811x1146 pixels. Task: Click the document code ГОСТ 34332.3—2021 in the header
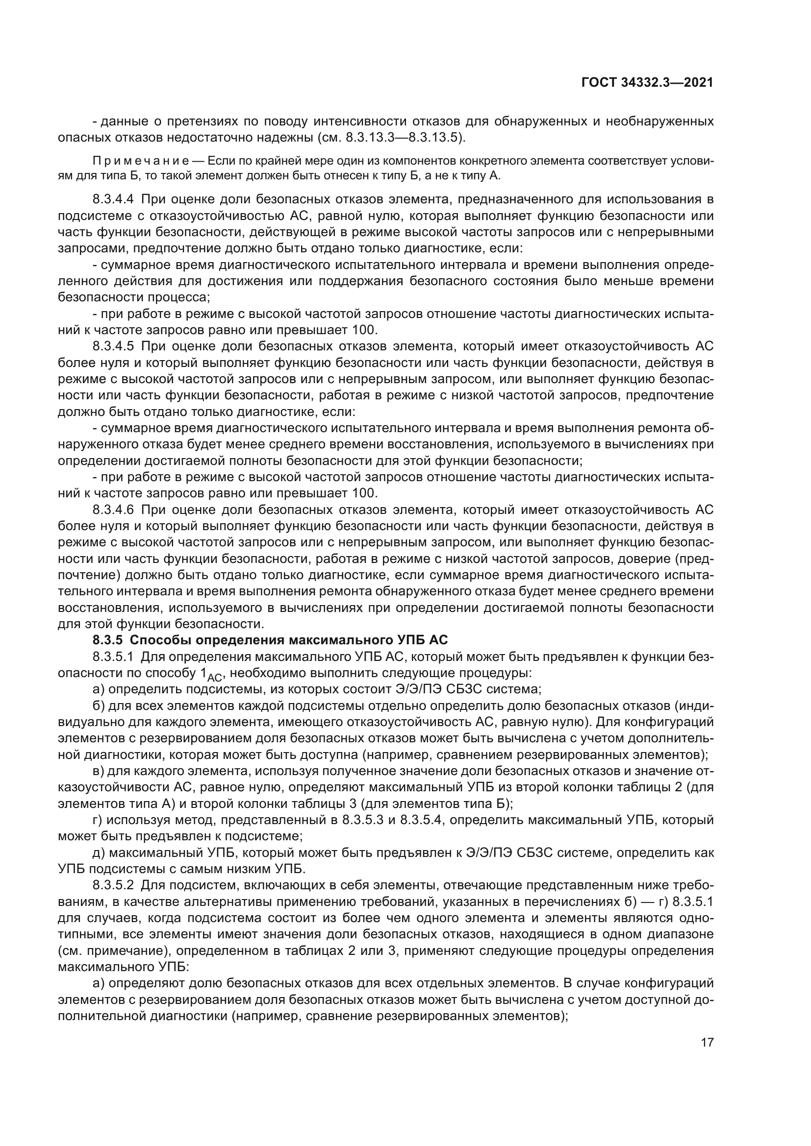(647, 83)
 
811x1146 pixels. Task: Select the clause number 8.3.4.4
(113, 199)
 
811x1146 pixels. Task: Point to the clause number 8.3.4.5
(113, 346)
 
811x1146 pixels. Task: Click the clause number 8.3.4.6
(113, 510)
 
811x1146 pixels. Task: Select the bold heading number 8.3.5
(107, 640)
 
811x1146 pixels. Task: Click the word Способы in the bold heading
(158, 640)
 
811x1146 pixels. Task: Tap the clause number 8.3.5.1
(113, 657)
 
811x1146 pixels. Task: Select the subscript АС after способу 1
(214, 677)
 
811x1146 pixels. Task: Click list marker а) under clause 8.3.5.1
(99, 689)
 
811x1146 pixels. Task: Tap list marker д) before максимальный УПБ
(99, 853)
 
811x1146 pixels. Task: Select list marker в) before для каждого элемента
(99, 771)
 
